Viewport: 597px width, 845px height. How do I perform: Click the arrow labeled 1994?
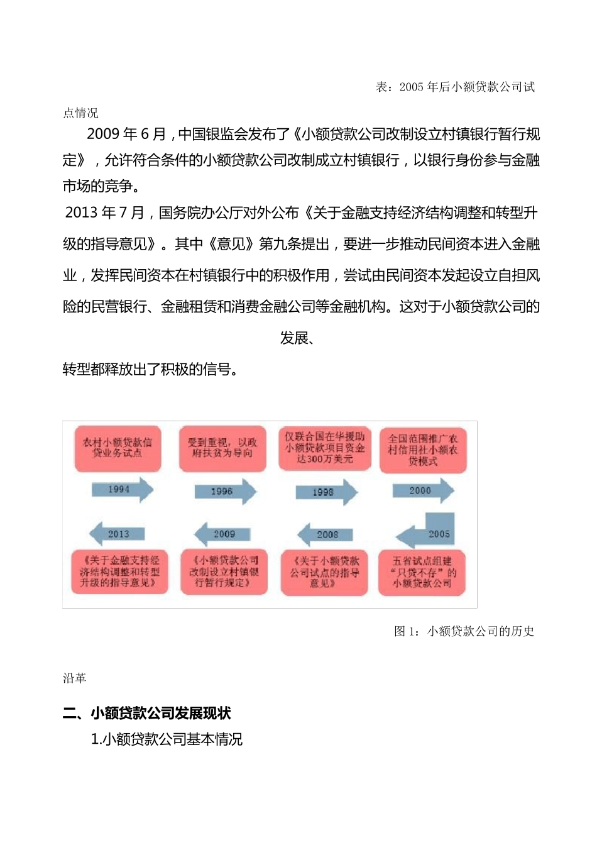pyautogui.click(x=122, y=490)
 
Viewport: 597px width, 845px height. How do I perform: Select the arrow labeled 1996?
pyautogui.click(x=225, y=492)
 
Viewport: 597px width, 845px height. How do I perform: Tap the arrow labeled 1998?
pyautogui.click(x=326, y=492)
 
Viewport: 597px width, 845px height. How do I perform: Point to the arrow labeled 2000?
pyautogui.click(x=423, y=490)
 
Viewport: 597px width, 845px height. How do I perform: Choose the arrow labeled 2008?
pyautogui.click(x=324, y=534)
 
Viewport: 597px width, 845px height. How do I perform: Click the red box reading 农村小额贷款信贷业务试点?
pyautogui.click(x=118, y=448)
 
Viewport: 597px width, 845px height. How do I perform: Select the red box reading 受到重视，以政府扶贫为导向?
pyautogui.click(x=222, y=448)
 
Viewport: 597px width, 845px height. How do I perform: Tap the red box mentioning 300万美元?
pyautogui.click(x=325, y=448)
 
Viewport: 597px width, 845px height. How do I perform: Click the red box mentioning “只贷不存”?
pyautogui.click(x=422, y=572)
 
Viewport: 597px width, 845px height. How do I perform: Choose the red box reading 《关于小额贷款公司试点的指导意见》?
pyautogui.click(x=324, y=572)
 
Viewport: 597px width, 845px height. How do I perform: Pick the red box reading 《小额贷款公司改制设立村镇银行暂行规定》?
pyautogui.click(x=224, y=572)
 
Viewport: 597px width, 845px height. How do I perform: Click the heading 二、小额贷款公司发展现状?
pyautogui.click(x=146, y=713)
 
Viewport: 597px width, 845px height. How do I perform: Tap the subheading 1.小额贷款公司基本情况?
pyautogui.click(x=167, y=739)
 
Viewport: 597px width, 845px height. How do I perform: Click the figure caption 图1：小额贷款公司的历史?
pyautogui.click(x=464, y=631)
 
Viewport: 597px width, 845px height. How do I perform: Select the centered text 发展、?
pyautogui.click(x=297, y=338)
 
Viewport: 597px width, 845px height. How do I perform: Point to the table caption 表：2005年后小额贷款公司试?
pyautogui.click(x=455, y=87)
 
